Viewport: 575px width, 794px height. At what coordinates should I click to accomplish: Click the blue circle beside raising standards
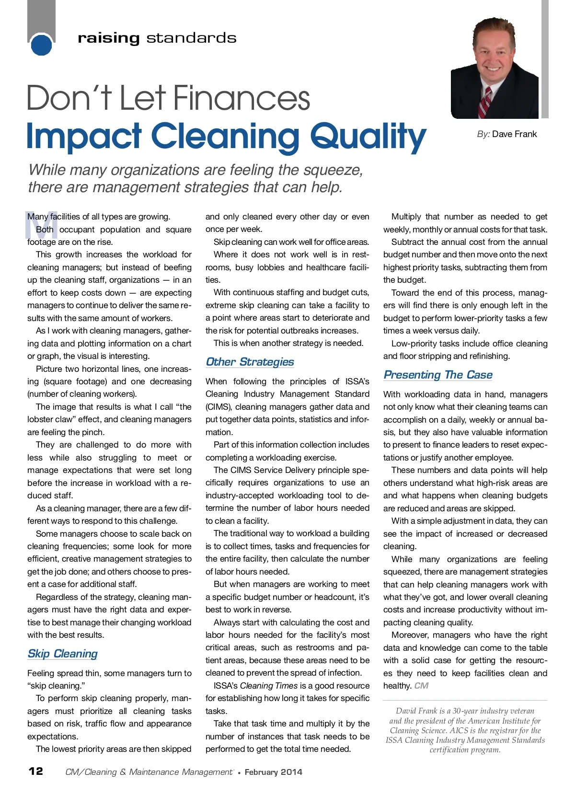[41, 45]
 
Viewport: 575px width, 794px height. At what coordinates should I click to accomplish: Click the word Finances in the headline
[241, 98]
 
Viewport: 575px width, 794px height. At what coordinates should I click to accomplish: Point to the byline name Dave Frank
[514, 134]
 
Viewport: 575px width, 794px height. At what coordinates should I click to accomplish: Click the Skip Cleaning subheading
[62, 654]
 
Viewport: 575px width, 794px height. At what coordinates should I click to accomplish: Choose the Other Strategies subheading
[250, 362]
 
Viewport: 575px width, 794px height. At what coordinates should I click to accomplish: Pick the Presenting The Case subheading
[437, 375]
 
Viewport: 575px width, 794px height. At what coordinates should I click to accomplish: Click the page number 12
[36, 771]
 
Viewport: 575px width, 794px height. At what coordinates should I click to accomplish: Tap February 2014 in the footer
[273, 772]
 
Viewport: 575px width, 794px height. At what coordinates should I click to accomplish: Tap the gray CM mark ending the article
[421, 686]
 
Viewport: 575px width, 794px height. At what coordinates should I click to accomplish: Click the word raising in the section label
[108, 38]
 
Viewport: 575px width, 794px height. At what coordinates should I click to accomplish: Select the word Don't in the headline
[69, 98]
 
